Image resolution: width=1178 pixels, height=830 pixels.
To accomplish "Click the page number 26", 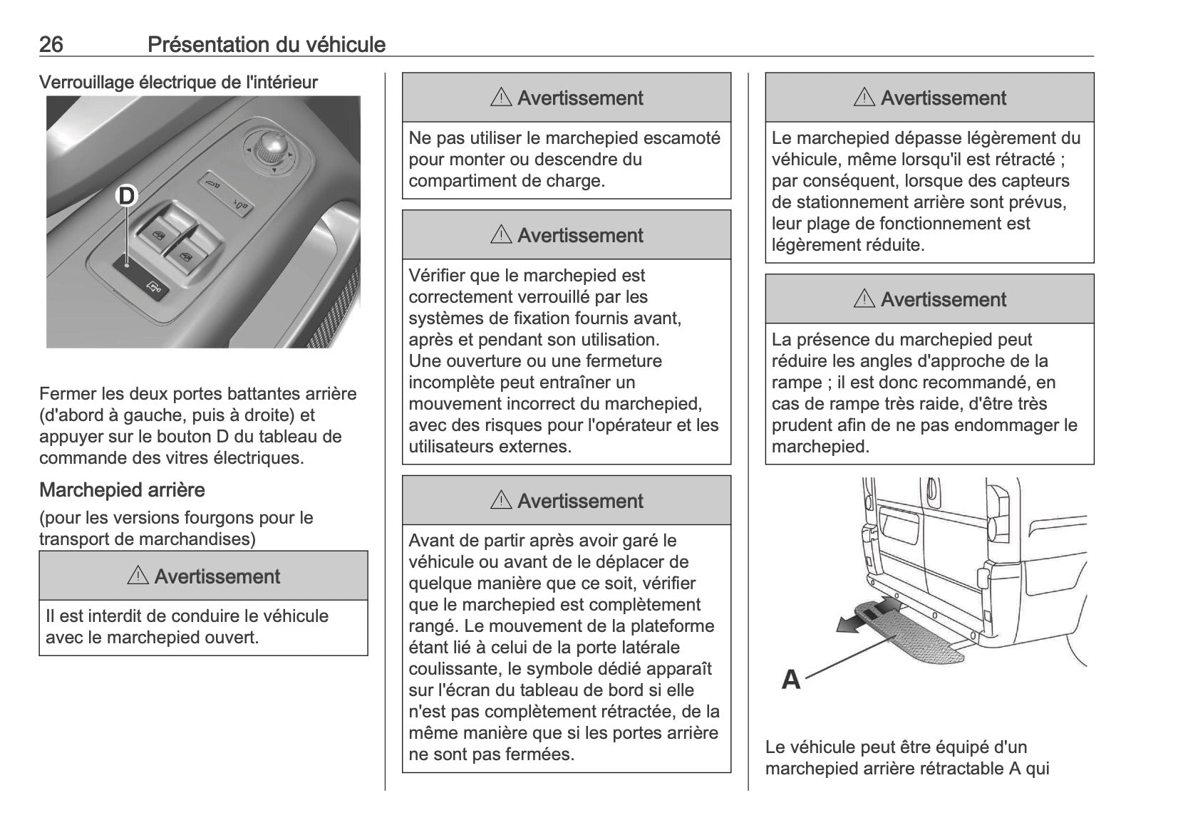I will point(51,45).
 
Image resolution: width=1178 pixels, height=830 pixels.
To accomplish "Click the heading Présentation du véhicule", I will point(267,45).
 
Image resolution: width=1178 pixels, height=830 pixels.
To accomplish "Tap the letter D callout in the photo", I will point(126,195).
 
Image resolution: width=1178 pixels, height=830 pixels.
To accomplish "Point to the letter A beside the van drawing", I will point(791,679).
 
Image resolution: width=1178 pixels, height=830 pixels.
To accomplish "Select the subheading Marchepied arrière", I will point(122,490).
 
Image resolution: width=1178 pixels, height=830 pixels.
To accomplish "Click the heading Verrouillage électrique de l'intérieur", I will point(178,83).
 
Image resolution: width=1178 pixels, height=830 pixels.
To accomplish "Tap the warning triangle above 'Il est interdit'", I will point(138,576).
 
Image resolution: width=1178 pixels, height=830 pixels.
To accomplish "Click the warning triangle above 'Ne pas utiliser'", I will point(501,98).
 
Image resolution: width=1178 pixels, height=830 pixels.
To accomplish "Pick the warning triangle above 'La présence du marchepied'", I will point(864,299).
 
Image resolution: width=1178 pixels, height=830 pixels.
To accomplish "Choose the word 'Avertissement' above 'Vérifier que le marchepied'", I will point(580,235).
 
